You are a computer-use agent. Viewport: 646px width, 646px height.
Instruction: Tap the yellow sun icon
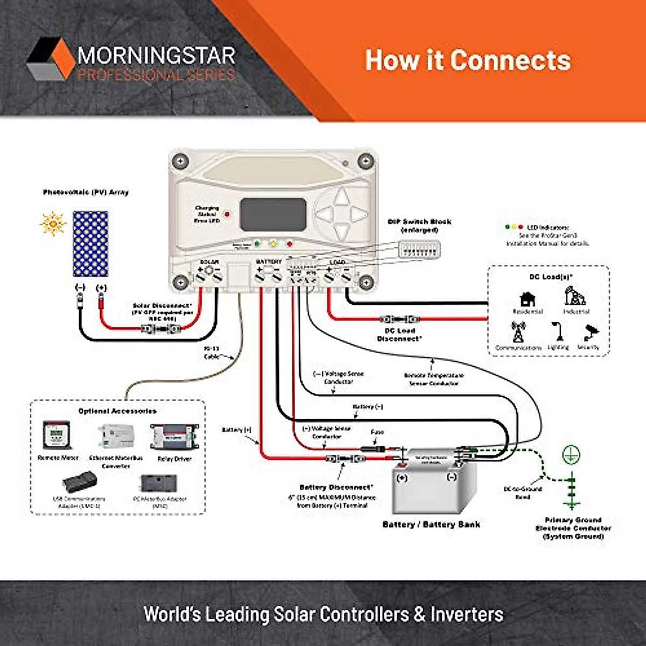[x=53, y=224]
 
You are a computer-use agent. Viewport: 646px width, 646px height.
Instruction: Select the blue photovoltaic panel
[x=90, y=243]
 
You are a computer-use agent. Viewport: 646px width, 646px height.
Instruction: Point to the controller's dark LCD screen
[x=273, y=214]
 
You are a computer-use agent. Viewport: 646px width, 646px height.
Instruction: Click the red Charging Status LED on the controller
[x=227, y=214]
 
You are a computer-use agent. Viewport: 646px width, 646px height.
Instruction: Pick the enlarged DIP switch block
[x=419, y=249]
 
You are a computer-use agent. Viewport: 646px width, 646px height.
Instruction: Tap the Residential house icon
[x=528, y=299]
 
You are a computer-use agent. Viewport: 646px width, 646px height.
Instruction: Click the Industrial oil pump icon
[x=575, y=296]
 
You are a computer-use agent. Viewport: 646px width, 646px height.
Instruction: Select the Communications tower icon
[x=518, y=332]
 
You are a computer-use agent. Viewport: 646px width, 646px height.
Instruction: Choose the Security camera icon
[x=591, y=332]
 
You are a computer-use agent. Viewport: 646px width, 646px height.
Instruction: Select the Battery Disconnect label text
[x=335, y=487]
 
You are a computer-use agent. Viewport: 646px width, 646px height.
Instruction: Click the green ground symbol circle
[x=571, y=455]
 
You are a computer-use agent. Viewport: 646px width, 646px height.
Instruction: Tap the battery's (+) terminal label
[x=402, y=478]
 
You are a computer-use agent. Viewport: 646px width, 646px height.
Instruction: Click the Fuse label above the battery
[x=377, y=432]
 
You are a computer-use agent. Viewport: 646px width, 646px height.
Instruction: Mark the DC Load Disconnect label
[x=399, y=335]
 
